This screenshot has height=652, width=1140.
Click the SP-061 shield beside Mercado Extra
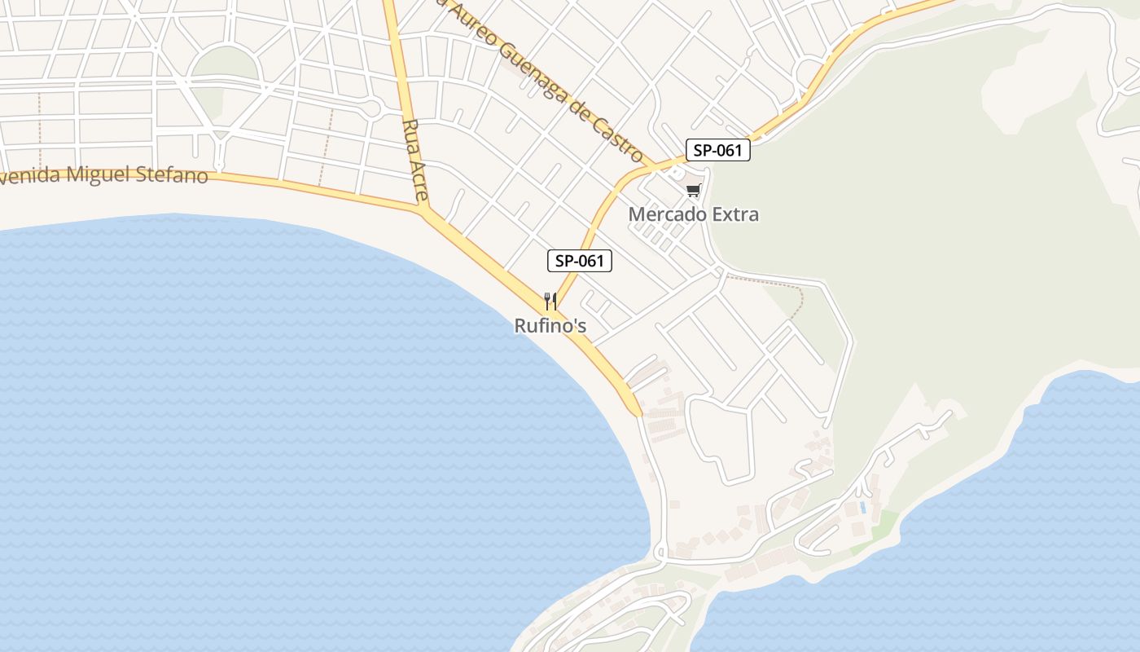pos(717,151)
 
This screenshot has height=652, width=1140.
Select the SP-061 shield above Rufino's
pos(578,261)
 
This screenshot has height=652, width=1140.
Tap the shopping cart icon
pos(693,191)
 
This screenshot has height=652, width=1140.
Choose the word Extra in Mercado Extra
pos(735,214)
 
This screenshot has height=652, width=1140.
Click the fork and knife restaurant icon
pos(550,302)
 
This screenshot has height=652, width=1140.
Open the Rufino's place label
pos(550,326)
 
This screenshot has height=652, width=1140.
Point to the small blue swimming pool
pos(862,507)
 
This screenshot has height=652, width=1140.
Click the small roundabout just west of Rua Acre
pos(372,107)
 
